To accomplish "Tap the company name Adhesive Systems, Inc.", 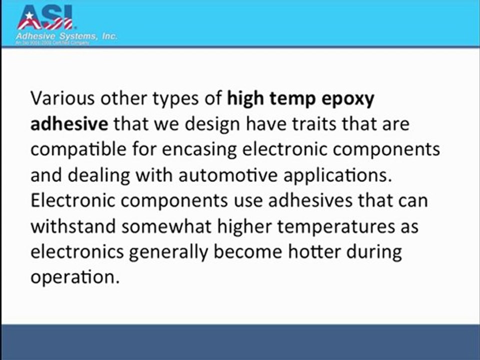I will (67, 37).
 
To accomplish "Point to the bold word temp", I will (295, 99).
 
